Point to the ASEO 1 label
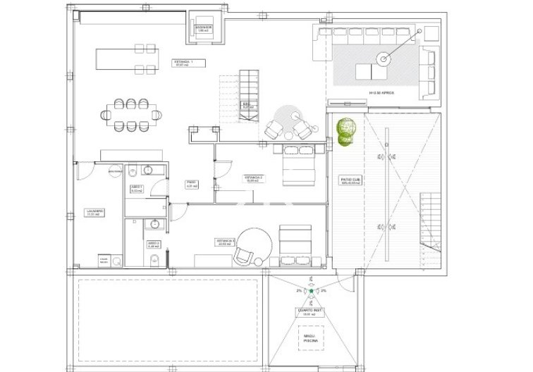[136, 188]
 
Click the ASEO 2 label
[135, 244]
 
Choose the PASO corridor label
[190, 185]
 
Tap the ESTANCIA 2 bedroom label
[253, 178]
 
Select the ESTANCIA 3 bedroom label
[226, 242]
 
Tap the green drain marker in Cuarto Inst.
[311, 290]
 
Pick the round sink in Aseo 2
[154, 225]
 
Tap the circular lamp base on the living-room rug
[384, 60]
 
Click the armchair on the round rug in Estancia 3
[245, 253]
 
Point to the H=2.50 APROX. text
[382, 92]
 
